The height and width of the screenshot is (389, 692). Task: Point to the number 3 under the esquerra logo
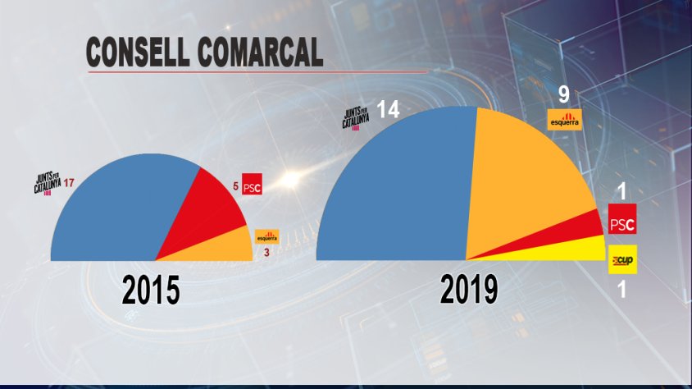266,252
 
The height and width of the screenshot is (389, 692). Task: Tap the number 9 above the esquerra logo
564,94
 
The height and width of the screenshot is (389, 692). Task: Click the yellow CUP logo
621,263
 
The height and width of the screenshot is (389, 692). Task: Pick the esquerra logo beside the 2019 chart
564,119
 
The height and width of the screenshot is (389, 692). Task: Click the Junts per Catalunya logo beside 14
358,120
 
